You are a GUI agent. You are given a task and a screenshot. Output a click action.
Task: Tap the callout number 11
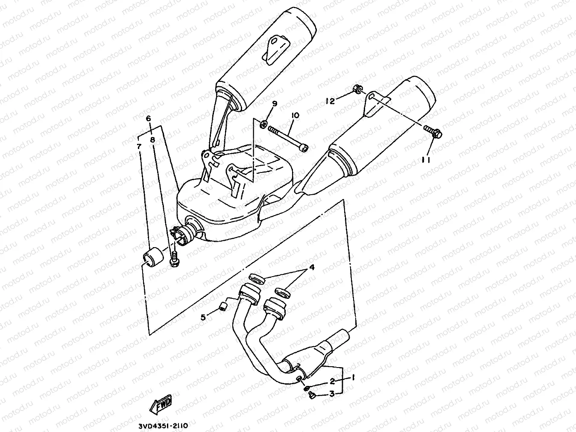pos(426,160)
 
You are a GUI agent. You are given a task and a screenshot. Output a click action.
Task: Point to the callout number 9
pos(275,104)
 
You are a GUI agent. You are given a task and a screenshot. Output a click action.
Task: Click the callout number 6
pos(149,118)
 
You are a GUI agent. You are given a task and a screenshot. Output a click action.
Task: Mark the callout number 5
pos(203,317)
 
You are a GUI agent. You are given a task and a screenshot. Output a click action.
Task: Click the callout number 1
pos(353,378)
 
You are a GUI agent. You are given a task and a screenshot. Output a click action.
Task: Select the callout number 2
pos(332,382)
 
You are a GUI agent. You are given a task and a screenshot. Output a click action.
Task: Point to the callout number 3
pos(332,394)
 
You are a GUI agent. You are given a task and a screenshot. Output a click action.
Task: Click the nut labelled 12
pos(358,90)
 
